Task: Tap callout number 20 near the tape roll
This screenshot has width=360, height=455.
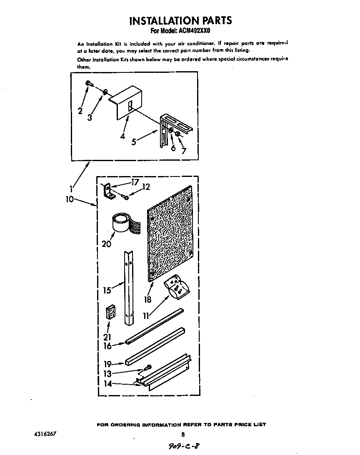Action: pyautogui.click(x=106, y=244)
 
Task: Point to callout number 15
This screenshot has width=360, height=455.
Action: pyautogui.click(x=107, y=290)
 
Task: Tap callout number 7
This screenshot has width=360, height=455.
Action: pyautogui.click(x=183, y=150)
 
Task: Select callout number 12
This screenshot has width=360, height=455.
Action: pyautogui.click(x=145, y=188)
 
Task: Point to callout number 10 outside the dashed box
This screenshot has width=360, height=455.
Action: pyautogui.click(x=70, y=199)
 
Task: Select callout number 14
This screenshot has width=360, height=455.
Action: pyautogui.click(x=107, y=384)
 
